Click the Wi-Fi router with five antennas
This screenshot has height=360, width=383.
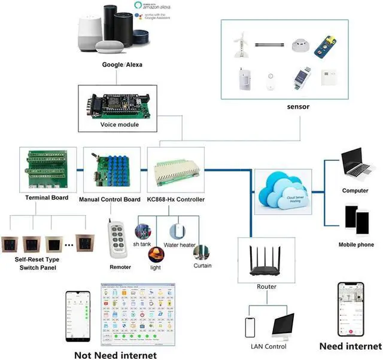(x=266, y=260)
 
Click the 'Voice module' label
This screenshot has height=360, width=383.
(x=120, y=125)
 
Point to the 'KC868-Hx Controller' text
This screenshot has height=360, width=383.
(x=176, y=199)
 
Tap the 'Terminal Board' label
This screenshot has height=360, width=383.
(x=47, y=197)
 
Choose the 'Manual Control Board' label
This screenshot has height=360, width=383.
(x=110, y=199)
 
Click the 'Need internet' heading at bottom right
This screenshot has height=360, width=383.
(x=350, y=347)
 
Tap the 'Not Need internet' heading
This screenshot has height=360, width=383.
(x=115, y=355)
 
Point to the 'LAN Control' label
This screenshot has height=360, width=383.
(x=268, y=347)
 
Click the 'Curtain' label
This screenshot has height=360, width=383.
(x=202, y=266)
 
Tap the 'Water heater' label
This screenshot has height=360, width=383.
(x=180, y=245)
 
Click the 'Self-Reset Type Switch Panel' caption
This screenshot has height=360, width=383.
(x=38, y=264)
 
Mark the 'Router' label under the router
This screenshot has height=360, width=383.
(x=266, y=287)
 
